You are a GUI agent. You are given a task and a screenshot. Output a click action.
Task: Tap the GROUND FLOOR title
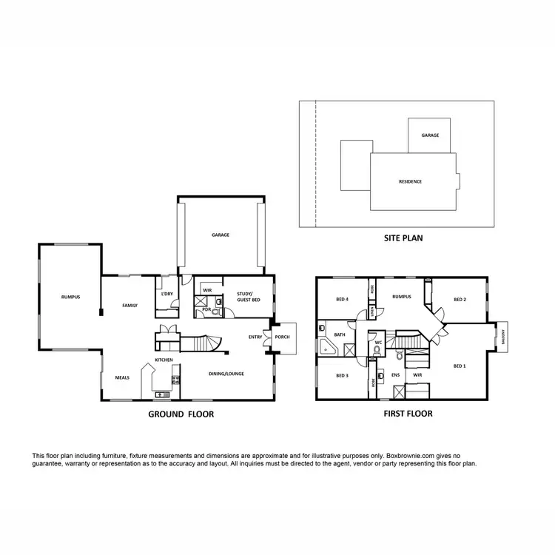pos(181,414)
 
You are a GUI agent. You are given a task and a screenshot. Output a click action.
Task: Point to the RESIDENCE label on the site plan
pos(410,181)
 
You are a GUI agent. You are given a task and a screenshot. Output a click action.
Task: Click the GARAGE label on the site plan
pos(430,135)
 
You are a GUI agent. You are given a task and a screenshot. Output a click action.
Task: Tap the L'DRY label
pos(166,295)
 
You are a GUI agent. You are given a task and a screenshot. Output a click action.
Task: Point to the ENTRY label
pos(256,337)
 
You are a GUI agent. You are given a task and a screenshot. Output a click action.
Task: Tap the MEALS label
pos(122,377)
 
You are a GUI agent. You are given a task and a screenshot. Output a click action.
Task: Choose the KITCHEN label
pos(164,360)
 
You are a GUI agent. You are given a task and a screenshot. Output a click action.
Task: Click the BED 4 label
pos(342,299)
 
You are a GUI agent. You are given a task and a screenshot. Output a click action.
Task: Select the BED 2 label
pos(459,299)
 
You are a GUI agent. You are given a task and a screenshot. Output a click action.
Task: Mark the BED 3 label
pos(342,376)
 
